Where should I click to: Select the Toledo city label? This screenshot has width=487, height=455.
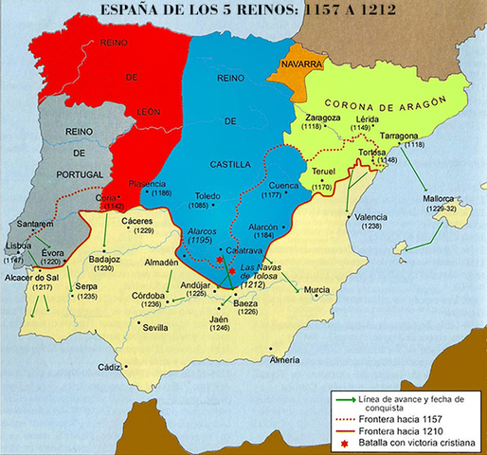pos(208,194)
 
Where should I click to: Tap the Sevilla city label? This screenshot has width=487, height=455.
pos(155,327)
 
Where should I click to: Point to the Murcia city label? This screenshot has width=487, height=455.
pos(317,288)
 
